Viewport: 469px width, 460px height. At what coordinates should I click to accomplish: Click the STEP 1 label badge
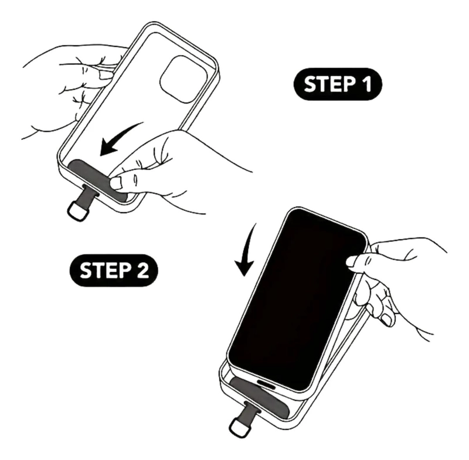pyautogui.click(x=338, y=84)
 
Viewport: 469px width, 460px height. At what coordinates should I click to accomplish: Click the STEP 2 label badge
pyautogui.click(x=114, y=270)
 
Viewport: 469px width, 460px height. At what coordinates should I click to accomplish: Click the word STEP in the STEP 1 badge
pyautogui.click(x=328, y=84)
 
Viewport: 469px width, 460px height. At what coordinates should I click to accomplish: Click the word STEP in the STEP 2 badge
pyautogui.click(x=104, y=271)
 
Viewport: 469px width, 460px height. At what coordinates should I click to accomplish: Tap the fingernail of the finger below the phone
pyautogui.click(x=386, y=320)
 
